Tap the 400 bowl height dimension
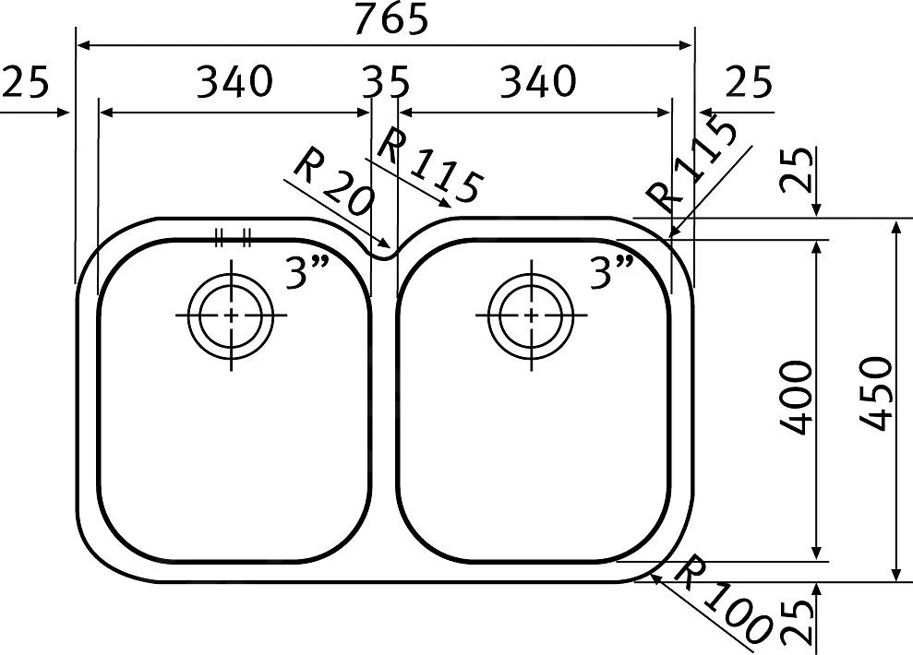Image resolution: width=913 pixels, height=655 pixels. [x=796, y=398]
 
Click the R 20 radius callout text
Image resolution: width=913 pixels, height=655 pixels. [x=331, y=184]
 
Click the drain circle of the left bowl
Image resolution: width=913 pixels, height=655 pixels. [x=230, y=315]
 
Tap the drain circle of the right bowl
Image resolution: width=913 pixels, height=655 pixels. [x=532, y=315]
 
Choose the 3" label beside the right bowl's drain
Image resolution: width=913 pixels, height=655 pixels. [x=610, y=274]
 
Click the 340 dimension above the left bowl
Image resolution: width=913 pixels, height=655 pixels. [x=234, y=82]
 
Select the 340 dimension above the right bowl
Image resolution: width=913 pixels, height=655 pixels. [x=537, y=82]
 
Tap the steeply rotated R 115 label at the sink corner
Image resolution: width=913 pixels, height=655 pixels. [x=692, y=164]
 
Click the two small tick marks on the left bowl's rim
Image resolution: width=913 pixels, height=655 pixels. [x=233, y=239]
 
